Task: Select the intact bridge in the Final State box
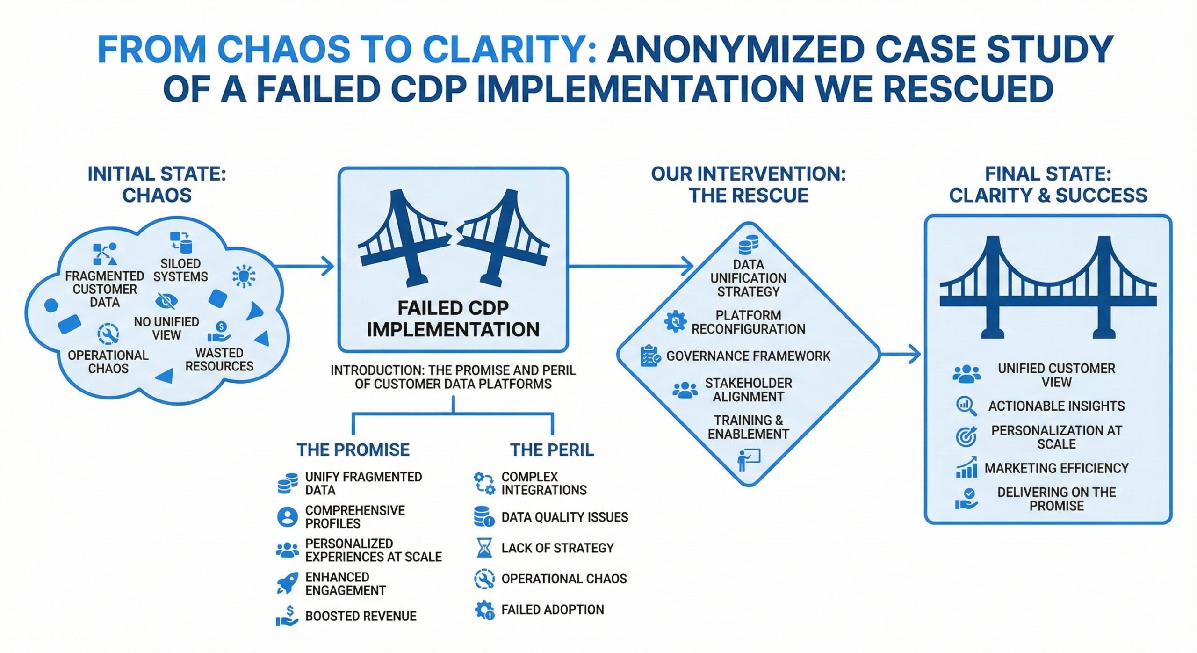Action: coord(1048,287)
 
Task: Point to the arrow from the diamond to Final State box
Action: coord(900,354)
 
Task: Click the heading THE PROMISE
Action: coord(353,450)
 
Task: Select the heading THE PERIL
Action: coord(552,450)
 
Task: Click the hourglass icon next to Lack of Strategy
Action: coord(484,548)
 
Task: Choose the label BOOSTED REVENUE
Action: coord(361,616)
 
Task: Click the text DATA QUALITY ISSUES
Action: coord(565,517)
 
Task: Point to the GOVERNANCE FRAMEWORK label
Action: coord(748,356)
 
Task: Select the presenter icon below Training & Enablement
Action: coord(749,460)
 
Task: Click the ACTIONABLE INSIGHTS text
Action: coord(1056,406)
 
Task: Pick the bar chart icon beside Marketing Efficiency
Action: coord(966,467)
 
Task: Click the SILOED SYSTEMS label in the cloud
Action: coord(180,270)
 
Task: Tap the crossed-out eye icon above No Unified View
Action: coord(166,301)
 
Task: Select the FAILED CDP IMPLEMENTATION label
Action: coord(453,319)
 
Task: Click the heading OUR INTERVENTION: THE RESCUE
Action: coord(749,184)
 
